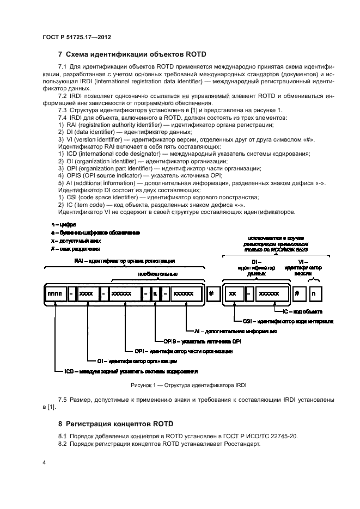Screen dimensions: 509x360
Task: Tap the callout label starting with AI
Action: pyautogui.click(x=235, y=330)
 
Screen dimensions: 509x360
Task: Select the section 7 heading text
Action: pyautogui.click(x=131, y=54)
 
